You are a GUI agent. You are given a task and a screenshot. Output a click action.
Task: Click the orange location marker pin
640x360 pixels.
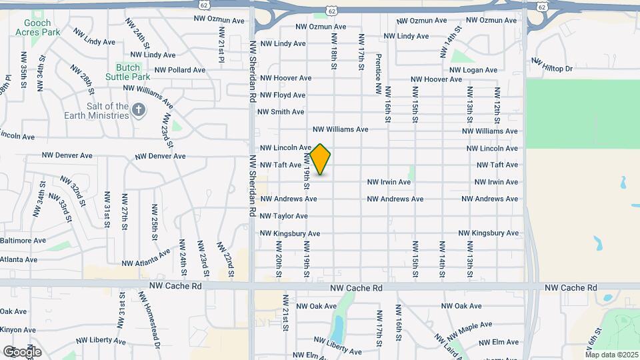(320, 159)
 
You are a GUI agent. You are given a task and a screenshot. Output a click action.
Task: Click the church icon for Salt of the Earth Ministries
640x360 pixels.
(139, 110)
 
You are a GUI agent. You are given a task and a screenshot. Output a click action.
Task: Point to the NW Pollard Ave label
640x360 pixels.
(180, 70)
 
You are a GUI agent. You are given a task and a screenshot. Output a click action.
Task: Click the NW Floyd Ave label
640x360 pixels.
(283, 95)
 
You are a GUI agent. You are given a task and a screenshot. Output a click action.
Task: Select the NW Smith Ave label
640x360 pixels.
(282, 112)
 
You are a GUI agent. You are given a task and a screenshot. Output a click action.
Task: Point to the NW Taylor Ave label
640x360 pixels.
(283, 216)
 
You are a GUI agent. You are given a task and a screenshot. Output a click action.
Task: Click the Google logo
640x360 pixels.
(22, 352)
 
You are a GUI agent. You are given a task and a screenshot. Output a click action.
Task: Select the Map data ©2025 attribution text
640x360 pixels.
(611, 354)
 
